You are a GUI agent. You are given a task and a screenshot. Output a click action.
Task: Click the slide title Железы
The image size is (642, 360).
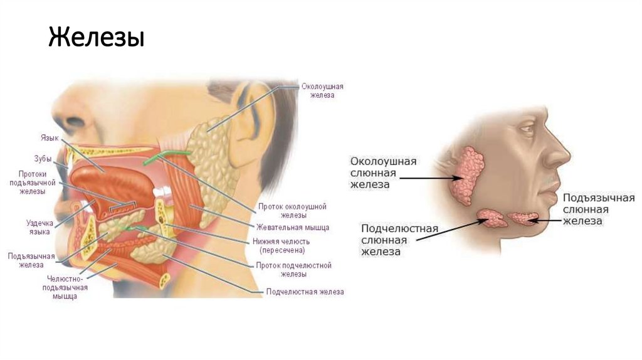[97, 38]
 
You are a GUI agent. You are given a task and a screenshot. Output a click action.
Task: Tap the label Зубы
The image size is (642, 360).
[42, 159]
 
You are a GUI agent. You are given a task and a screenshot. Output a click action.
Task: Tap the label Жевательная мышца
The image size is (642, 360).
[292, 227]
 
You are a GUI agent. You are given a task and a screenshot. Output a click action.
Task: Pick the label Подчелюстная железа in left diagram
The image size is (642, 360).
[305, 292]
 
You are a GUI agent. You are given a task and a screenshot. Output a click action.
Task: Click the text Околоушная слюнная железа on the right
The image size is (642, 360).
[383, 172]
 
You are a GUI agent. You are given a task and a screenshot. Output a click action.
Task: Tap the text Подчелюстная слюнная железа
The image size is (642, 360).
[399, 240]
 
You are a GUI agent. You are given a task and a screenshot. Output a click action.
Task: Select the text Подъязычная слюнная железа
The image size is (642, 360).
[599, 209]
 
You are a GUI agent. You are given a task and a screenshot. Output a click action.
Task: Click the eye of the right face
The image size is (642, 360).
[527, 130]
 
